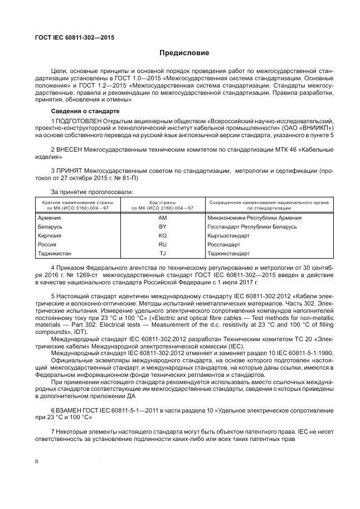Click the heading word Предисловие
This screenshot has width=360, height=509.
(x=184, y=53)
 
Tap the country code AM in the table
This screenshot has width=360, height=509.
(x=162, y=218)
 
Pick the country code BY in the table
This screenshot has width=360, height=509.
(x=162, y=227)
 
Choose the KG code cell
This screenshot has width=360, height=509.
(x=162, y=236)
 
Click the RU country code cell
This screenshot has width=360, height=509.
(x=162, y=244)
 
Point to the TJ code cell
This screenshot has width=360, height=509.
(x=162, y=253)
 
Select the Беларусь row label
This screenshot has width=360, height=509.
(x=50, y=227)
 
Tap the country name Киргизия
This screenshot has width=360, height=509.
(x=49, y=236)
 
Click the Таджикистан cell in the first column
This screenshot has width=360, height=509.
(x=54, y=253)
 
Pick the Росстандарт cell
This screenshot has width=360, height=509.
(x=223, y=244)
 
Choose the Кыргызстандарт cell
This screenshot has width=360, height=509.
(x=228, y=236)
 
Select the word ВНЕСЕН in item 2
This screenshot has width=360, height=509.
(x=70, y=150)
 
